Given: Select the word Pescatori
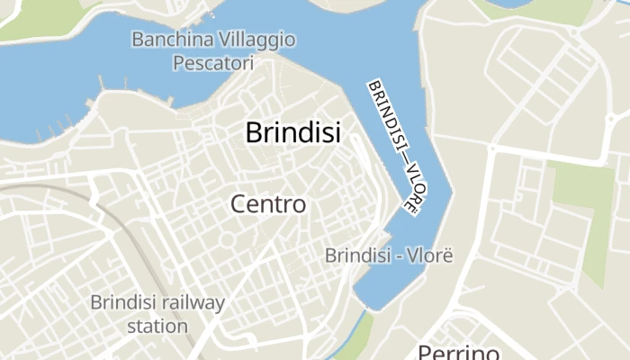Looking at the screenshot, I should pos(213,64).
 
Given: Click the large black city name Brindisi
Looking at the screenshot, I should pos(292,133).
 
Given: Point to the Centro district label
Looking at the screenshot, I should pos(268,204).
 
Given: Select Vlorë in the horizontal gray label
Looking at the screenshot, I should pos(427,256).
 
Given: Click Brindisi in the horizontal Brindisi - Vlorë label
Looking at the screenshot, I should pos(356,256).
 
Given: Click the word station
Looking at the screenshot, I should pos(157,325).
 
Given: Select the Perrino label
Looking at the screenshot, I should pos(458,352).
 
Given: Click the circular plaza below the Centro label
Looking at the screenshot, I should pos(229,238).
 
